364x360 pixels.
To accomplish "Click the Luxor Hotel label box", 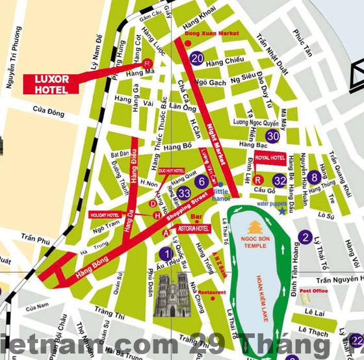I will (x=51, y=83).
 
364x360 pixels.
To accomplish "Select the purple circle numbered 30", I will (x=273, y=136).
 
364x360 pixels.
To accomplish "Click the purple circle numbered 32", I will (x=279, y=180).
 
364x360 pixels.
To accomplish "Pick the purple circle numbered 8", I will (x=315, y=176).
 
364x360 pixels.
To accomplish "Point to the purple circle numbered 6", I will (x=201, y=182).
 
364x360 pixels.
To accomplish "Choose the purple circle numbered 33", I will (x=184, y=193).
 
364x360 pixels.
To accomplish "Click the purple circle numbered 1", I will (x=166, y=253).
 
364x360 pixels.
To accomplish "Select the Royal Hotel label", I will (x=270, y=158).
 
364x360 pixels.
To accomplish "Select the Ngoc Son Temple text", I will (x=255, y=242).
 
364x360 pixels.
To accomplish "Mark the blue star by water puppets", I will (x=282, y=210).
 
